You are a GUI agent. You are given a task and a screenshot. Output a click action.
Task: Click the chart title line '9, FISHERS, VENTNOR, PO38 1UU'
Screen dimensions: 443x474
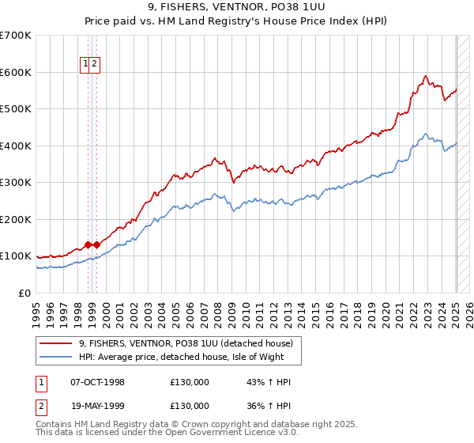coord(236,8)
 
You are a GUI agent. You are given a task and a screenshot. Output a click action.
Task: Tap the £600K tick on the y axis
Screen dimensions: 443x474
coord(16,72)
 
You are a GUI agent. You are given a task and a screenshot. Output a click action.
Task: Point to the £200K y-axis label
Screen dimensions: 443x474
coord(16,219)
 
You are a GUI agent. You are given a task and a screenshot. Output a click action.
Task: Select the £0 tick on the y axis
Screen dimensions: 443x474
coord(24,293)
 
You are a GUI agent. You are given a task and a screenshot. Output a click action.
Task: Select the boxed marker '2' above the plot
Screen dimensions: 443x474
coord(94,64)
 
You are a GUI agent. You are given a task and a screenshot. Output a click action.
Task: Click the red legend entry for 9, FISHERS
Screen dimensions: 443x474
coord(186,343)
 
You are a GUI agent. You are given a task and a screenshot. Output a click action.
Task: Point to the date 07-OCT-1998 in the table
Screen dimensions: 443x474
coord(97,382)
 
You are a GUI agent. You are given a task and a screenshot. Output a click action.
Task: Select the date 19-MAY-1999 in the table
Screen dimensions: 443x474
coord(97,406)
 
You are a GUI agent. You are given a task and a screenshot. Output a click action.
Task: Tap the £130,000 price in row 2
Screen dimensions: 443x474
coord(190,406)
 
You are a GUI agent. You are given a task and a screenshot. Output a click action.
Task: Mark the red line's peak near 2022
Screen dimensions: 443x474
coord(425,76)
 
